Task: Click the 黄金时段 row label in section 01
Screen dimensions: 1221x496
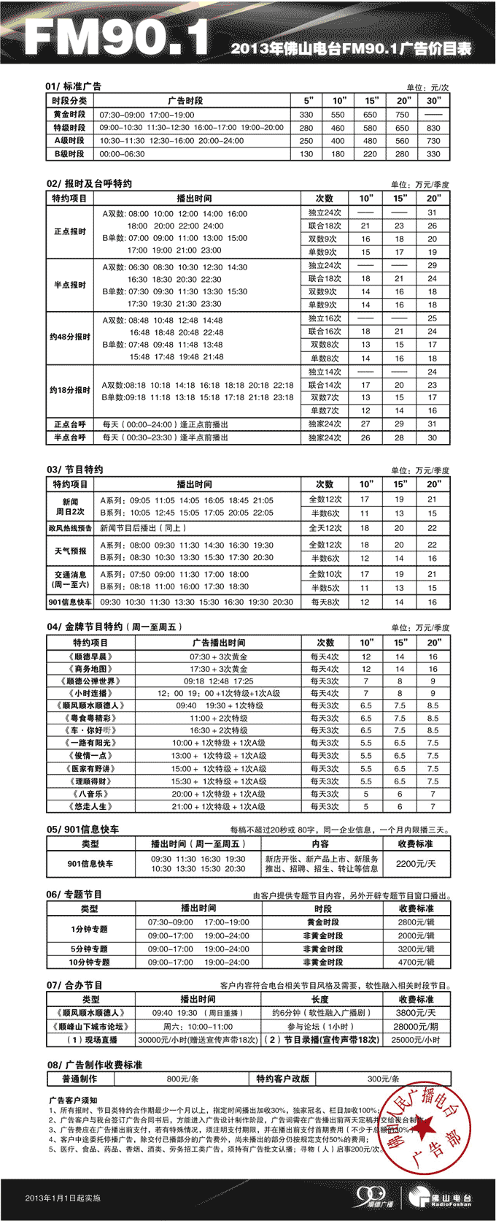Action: tap(69, 115)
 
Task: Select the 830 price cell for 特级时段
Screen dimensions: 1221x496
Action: tap(433, 128)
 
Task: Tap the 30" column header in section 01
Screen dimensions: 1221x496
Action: tap(433, 101)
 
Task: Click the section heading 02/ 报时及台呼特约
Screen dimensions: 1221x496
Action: tap(90, 183)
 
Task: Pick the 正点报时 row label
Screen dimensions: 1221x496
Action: tap(69, 231)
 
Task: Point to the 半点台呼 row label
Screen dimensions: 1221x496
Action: tap(69, 437)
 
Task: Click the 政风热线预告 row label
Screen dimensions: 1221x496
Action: tap(70, 528)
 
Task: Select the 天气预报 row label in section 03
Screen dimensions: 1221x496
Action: tap(70, 551)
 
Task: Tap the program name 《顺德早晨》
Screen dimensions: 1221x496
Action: tap(90, 657)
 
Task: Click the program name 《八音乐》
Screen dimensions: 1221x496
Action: tap(90, 794)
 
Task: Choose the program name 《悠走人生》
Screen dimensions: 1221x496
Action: tap(90, 806)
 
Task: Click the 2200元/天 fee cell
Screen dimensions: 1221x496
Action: tap(416, 863)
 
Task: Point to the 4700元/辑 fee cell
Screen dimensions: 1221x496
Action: tap(416, 962)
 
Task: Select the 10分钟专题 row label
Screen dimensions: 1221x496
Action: tap(90, 962)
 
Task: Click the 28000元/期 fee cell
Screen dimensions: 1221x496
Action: tap(416, 1026)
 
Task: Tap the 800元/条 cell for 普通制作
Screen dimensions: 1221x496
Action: tap(182, 1079)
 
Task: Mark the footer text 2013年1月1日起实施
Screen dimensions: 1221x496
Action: tap(63, 1198)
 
